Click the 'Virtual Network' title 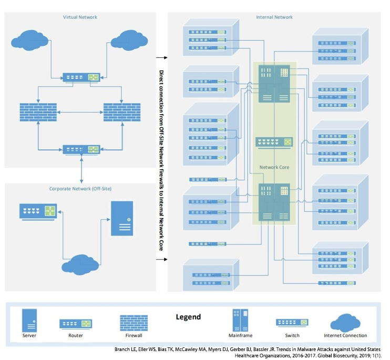80,17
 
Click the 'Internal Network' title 274,17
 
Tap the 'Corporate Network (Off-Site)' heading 80,188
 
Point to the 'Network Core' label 274,168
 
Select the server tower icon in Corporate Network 122,218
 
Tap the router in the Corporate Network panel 38,211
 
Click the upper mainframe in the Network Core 274,84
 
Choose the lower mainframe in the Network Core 274,201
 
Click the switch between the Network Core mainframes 274,142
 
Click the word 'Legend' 188,317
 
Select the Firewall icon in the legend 134,322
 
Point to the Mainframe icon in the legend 240,320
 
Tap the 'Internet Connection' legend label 345,336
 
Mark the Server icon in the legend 29,320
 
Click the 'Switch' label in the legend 292,336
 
